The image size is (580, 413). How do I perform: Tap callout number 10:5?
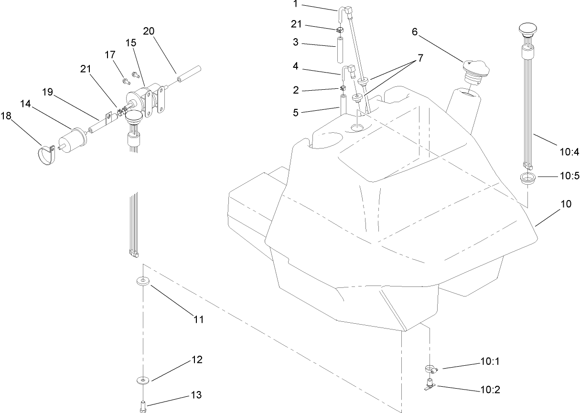[569, 176]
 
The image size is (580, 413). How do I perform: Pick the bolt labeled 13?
[142, 405]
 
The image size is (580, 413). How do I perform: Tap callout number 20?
[149, 32]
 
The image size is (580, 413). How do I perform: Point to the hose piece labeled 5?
[342, 103]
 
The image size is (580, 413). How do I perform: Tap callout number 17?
[110, 55]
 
